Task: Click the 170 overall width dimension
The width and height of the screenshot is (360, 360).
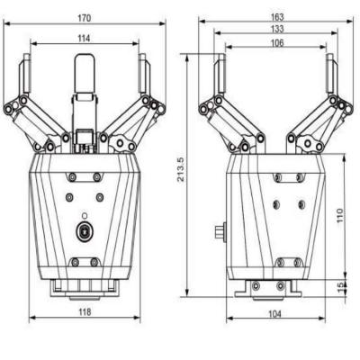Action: [x=83, y=17]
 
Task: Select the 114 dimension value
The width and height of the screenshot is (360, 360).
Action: [x=83, y=38]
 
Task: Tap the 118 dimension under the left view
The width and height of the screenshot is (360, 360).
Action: [x=83, y=312]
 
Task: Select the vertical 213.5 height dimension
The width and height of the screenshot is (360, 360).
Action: [x=180, y=175]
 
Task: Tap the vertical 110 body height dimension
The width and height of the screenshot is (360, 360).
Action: [x=340, y=216]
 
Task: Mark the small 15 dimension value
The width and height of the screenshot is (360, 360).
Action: [x=340, y=286]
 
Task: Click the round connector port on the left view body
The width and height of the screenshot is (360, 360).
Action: [x=84, y=232]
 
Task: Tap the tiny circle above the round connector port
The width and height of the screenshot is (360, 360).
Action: [x=84, y=215]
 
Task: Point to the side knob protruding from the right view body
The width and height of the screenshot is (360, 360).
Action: [x=220, y=232]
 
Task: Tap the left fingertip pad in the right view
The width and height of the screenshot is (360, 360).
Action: [x=219, y=72]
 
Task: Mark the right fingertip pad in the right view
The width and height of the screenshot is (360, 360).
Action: [x=331, y=72]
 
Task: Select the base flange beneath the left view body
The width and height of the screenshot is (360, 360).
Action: [x=83, y=286]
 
